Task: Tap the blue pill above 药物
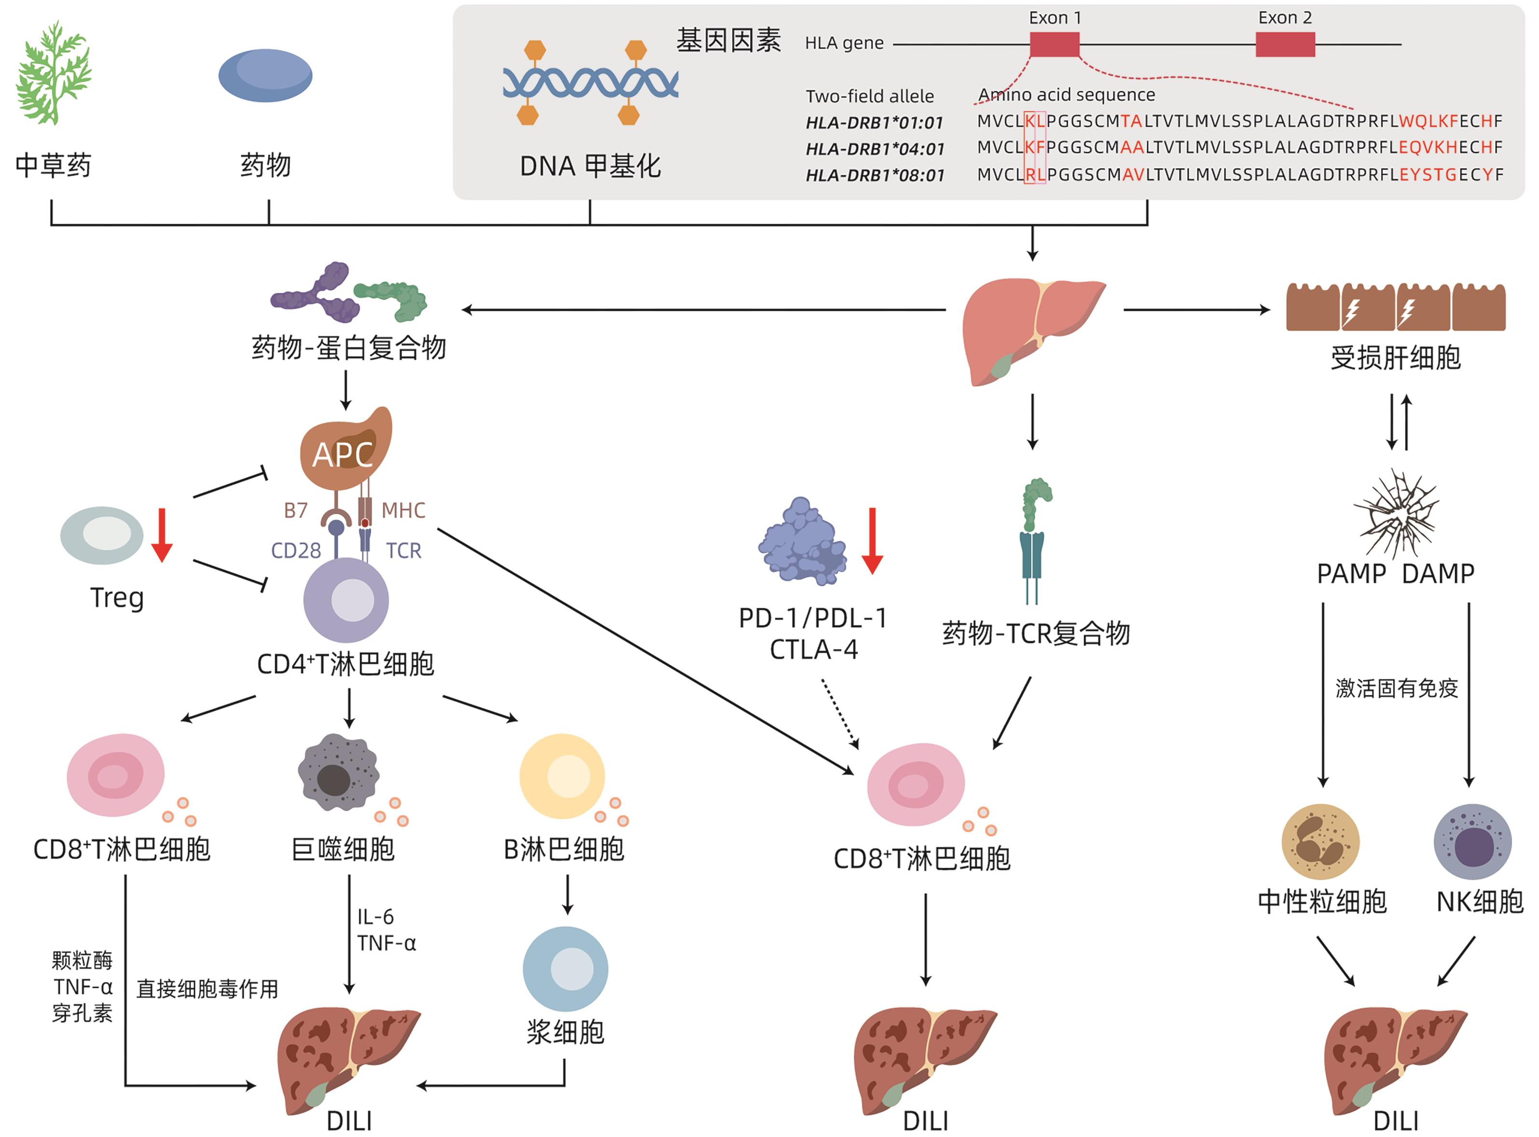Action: point(265,76)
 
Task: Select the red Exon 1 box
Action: point(1054,45)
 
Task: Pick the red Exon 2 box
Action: point(1285,45)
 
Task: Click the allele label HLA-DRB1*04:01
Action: point(874,149)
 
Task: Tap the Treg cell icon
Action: point(102,535)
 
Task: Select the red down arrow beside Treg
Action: point(162,535)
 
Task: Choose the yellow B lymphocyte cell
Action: point(562,776)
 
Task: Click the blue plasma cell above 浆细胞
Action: point(566,969)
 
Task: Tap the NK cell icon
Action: point(1472,842)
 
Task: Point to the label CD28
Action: point(296,550)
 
